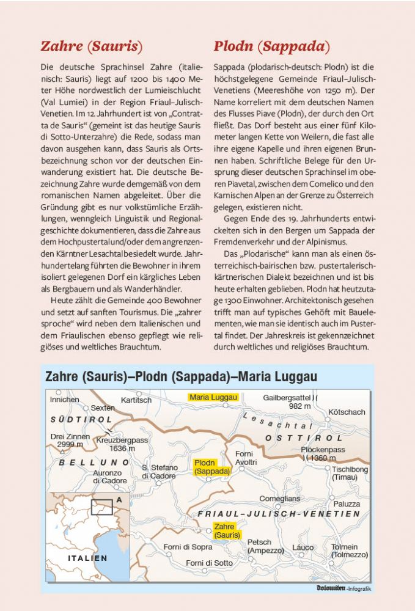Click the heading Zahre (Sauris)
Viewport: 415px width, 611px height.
(x=91, y=46)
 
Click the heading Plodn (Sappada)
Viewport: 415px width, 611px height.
(x=272, y=46)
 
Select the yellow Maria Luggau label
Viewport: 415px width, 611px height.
(x=212, y=397)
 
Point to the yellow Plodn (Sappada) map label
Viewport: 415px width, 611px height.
(x=212, y=467)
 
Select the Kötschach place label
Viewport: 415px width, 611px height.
(x=346, y=412)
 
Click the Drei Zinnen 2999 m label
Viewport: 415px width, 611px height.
(x=70, y=441)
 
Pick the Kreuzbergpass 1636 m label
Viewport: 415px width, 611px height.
(x=122, y=444)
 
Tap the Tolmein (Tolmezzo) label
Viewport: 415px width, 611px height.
(x=348, y=551)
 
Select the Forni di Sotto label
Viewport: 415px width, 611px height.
(x=209, y=563)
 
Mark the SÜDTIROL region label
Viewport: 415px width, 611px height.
(x=81, y=420)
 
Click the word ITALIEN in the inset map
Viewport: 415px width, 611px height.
(x=87, y=558)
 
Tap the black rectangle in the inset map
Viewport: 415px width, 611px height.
(x=101, y=507)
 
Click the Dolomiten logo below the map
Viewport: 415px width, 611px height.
(x=331, y=588)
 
